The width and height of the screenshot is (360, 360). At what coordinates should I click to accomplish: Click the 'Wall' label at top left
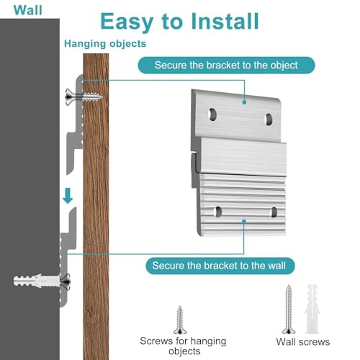tap(28, 10)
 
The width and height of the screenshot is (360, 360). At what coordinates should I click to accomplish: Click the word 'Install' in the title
tap(225, 22)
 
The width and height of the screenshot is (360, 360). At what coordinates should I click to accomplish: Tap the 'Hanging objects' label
tap(105, 44)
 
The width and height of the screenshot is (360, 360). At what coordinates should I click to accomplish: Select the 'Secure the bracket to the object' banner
tap(226, 66)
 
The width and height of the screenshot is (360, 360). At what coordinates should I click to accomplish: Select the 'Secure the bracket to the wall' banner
tap(220, 266)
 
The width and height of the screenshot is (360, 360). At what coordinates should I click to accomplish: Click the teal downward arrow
tap(68, 196)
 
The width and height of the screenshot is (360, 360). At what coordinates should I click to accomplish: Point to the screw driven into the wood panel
tap(84, 96)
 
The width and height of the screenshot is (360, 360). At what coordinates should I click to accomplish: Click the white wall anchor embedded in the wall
tap(36, 281)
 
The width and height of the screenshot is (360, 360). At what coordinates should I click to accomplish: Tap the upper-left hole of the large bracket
tap(212, 114)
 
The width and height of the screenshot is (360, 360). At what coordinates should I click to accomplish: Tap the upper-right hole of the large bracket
tap(269, 120)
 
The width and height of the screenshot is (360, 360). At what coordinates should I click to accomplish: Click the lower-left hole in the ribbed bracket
tap(217, 212)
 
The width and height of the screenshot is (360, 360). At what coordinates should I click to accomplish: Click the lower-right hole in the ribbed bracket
tap(274, 212)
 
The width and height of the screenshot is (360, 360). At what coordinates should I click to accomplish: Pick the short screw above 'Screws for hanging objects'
tap(180, 320)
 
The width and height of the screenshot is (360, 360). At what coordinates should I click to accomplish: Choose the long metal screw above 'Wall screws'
tap(289, 309)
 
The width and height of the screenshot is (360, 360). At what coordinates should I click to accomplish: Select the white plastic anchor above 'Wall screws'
tap(312, 309)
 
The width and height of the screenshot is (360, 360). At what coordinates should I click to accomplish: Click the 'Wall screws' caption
tap(303, 342)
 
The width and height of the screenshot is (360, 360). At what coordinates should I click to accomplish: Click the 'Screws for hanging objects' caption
tap(183, 346)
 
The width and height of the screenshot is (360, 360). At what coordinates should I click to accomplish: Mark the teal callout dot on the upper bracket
tap(244, 102)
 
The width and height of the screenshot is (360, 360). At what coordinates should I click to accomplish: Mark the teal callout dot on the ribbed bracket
tap(244, 221)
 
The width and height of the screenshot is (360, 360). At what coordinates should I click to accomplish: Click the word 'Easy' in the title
tap(127, 22)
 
